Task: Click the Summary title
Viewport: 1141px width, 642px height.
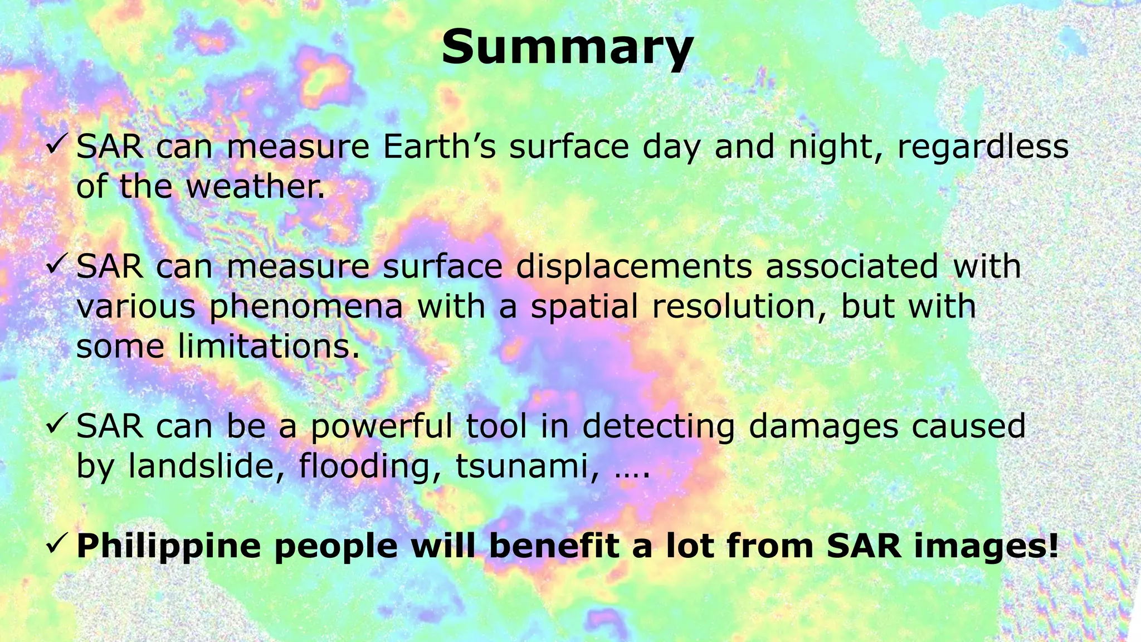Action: coord(567,48)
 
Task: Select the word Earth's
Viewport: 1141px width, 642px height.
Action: coord(439,147)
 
